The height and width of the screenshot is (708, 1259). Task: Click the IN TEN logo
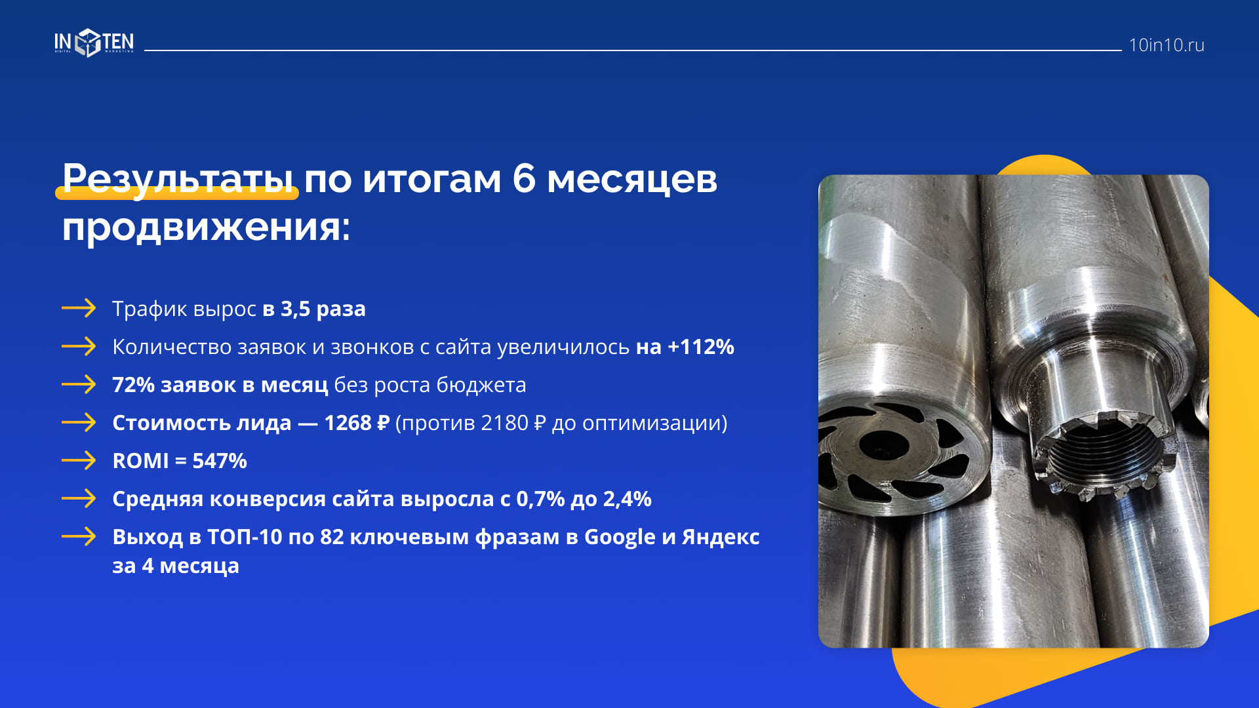coord(94,43)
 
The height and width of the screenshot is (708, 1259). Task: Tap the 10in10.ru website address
coord(1166,45)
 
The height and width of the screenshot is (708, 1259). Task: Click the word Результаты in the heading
coord(178,179)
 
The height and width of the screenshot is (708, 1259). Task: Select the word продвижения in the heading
coord(207,228)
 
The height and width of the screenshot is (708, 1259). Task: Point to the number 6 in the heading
coord(523,178)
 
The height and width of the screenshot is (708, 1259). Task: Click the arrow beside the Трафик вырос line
coord(79,308)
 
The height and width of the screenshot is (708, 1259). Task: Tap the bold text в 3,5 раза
coord(314,309)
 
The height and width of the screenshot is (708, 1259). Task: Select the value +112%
coord(700,347)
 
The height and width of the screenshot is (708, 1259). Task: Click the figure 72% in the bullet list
coord(133,385)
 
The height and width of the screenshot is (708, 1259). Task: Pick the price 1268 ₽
coord(357,423)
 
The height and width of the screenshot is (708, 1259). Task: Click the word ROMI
coord(140,461)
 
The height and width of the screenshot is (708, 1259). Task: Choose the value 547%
coord(220,461)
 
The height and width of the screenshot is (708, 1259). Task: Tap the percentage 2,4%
coord(627,499)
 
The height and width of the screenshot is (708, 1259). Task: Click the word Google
coord(620,538)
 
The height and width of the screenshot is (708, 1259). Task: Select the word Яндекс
coord(721,537)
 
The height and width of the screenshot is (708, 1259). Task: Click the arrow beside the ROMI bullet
coord(79,460)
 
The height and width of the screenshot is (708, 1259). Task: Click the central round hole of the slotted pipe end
coord(883,446)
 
